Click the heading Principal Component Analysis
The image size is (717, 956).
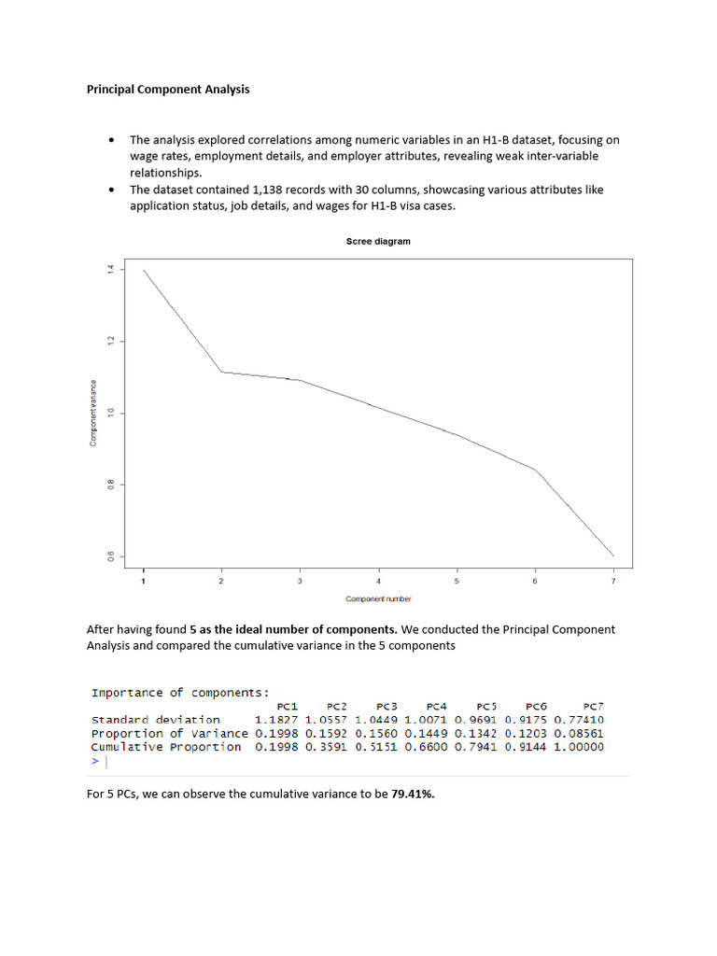tap(168, 91)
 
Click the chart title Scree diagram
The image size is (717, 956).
tap(378, 241)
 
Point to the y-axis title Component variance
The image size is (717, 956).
tap(93, 413)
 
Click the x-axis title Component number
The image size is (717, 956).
tap(378, 598)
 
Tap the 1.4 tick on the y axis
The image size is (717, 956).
tap(110, 270)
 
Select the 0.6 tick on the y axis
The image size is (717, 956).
tap(110, 556)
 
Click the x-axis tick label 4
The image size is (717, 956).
tap(378, 582)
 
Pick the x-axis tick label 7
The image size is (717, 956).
tap(613, 582)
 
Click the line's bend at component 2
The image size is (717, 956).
tap(221, 372)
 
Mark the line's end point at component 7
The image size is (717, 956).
tap(613, 555)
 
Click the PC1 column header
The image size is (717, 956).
tap(288, 707)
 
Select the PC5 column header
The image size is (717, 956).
tap(486, 707)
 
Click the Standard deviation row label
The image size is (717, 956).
tap(156, 720)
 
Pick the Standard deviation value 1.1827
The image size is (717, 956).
tap(276, 720)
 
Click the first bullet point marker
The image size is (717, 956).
tap(112, 140)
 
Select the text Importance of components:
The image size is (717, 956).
tap(180, 693)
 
